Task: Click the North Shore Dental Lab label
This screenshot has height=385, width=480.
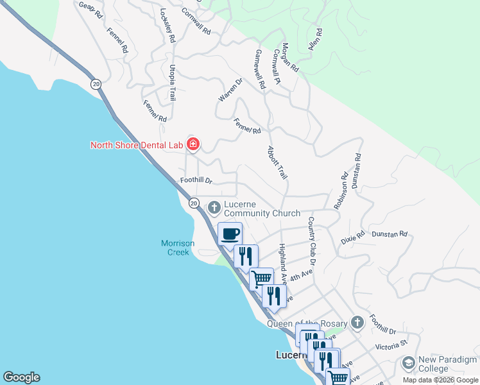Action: click(137, 144)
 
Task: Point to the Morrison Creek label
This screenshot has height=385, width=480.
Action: click(175, 248)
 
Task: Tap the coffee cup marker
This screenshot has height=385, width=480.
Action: click(230, 234)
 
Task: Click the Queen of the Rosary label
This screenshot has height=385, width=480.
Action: click(307, 323)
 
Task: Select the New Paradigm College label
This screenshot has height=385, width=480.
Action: click(447, 364)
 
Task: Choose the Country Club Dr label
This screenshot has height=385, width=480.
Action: click(311, 241)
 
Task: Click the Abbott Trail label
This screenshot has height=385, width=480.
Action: click(277, 162)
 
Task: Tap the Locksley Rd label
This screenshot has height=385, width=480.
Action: click(167, 26)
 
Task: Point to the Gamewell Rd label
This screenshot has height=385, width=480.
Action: click(260, 69)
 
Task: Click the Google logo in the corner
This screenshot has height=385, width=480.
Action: click(21, 377)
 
